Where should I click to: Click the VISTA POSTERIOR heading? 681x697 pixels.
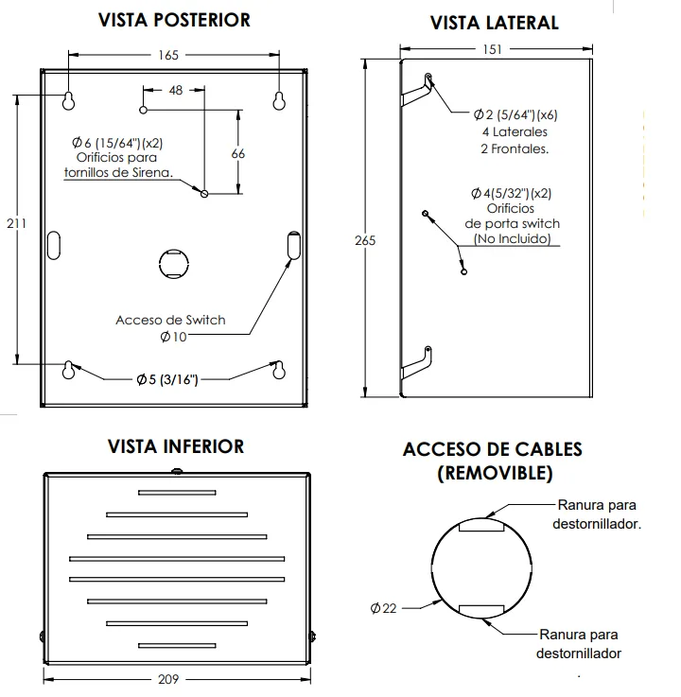coord(174,21)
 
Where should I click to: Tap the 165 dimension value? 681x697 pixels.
coord(168,55)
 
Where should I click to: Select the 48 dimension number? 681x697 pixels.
coord(176,90)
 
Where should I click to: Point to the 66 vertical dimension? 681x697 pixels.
coord(238,154)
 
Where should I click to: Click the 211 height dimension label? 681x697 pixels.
coord(16,223)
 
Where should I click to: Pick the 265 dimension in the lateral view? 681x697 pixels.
coord(365,240)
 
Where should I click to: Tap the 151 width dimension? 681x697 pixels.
coord(493,49)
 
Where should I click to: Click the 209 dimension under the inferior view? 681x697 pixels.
coord(168,679)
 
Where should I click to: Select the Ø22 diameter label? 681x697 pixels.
coord(384,608)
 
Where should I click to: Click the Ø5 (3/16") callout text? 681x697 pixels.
coord(167,379)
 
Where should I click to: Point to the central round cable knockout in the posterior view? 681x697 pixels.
coord(174,264)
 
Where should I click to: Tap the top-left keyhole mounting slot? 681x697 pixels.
coord(68,101)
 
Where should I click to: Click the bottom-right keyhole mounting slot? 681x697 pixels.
coord(279,371)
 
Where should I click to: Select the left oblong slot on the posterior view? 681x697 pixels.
coord(54,245)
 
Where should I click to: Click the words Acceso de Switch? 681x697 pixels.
coord(170,320)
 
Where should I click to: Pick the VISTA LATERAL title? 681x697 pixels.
coord(495,23)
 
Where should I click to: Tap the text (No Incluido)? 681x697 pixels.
coord(512,238)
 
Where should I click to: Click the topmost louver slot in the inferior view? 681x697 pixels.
coord(177,493)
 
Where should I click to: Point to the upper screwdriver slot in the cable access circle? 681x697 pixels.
coord(481,526)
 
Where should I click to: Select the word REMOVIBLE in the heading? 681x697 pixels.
coord(495,473)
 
